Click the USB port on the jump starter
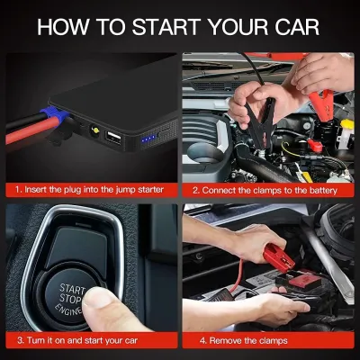[112, 139]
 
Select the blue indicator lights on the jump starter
[148, 139]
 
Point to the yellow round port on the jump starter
[95, 130]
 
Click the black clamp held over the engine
[260, 123]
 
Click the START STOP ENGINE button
[71, 297]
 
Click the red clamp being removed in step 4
[279, 257]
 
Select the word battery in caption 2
[323, 191]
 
